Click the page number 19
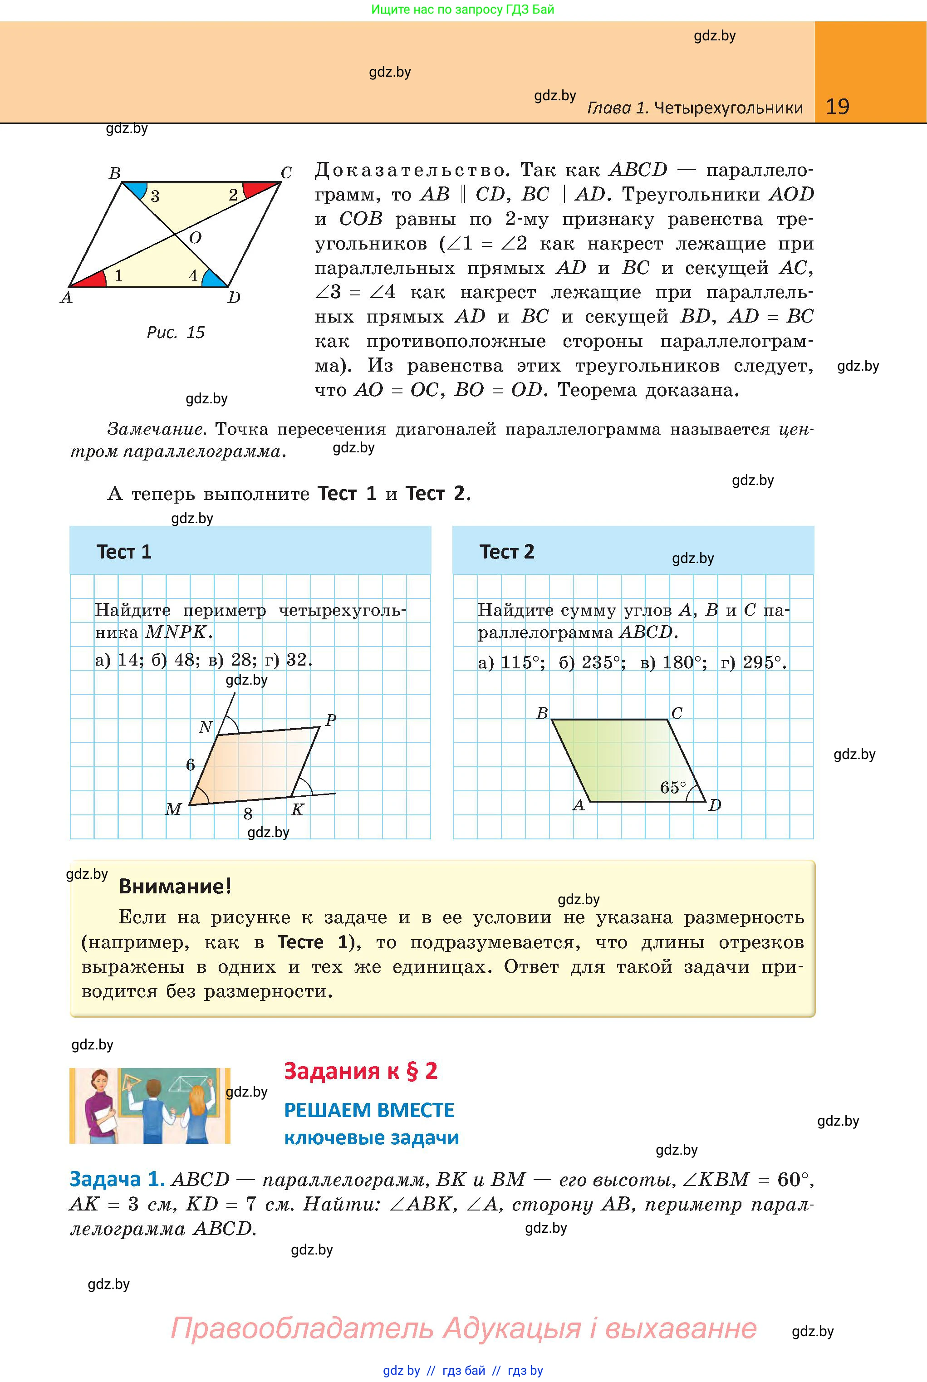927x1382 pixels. [x=837, y=107]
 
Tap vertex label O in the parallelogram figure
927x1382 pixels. [x=195, y=238]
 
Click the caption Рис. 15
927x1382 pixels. [x=176, y=333]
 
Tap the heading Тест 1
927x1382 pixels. [x=124, y=552]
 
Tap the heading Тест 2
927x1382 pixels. [x=507, y=552]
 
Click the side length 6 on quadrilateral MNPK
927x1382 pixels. [x=191, y=765]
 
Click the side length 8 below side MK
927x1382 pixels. [x=248, y=814]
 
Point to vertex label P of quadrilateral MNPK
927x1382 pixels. [x=330, y=720]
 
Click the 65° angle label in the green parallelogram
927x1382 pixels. [x=673, y=787]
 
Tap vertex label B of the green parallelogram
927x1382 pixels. [x=541, y=714]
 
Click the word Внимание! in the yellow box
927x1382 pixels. [x=175, y=886]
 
